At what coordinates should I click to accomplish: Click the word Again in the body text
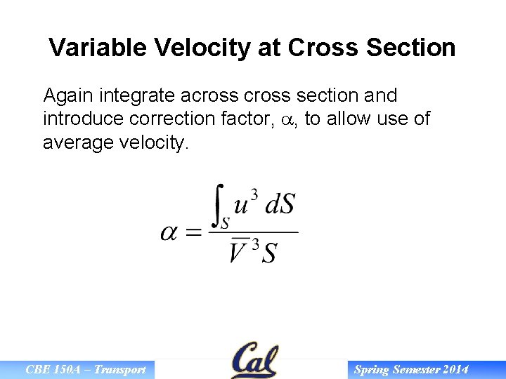(69, 95)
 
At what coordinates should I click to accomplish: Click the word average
(80, 143)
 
